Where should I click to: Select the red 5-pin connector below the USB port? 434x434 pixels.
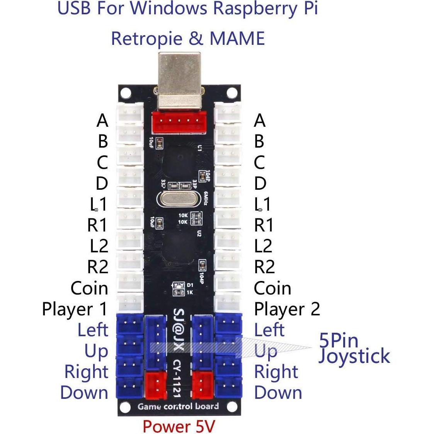[x=179, y=122]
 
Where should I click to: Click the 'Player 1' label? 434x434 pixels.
[x=74, y=310]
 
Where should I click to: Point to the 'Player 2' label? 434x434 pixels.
[x=287, y=310]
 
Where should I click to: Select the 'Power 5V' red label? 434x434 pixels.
[x=179, y=426]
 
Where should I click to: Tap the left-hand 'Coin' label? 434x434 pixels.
[x=89, y=288]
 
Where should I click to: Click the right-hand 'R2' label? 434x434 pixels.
[x=264, y=267]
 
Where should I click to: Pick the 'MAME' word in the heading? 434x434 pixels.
[x=237, y=39]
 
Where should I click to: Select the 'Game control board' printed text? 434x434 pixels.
[x=178, y=407]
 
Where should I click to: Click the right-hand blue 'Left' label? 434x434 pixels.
[x=269, y=330]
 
